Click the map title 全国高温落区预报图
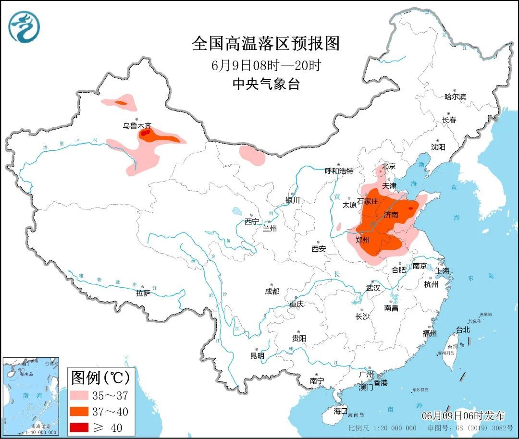[x=266, y=44]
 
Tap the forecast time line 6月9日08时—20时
[x=266, y=65]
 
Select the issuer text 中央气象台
[x=266, y=84]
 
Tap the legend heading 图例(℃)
[x=100, y=378]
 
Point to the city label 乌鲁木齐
[x=136, y=126]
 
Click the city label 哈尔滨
[x=455, y=97]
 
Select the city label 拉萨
[x=143, y=293]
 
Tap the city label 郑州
[x=362, y=240]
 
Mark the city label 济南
[x=391, y=215]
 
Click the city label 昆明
[x=257, y=356]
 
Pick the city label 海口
[x=340, y=411]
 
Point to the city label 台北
[x=462, y=330]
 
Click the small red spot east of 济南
[x=410, y=208]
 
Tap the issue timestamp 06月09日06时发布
[x=463, y=415]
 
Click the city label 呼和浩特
[x=339, y=171]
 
